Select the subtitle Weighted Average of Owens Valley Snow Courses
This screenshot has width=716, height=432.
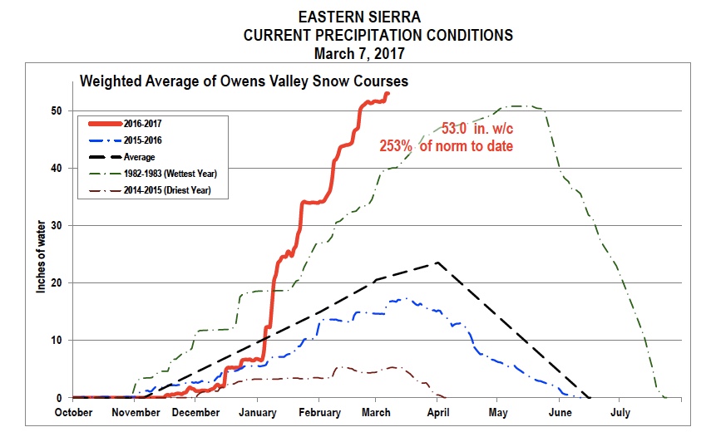coord(243,81)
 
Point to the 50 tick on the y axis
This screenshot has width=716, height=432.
coord(57,110)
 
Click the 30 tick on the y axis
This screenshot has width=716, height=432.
coord(57,225)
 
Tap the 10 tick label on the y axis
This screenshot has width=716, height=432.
coord(57,341)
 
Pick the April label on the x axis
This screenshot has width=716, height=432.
coord(437,412)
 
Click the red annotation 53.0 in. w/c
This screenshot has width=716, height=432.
coord(480,129)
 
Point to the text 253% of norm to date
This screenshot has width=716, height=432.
coord(446,145)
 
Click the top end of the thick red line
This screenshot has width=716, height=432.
coord(388,93)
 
